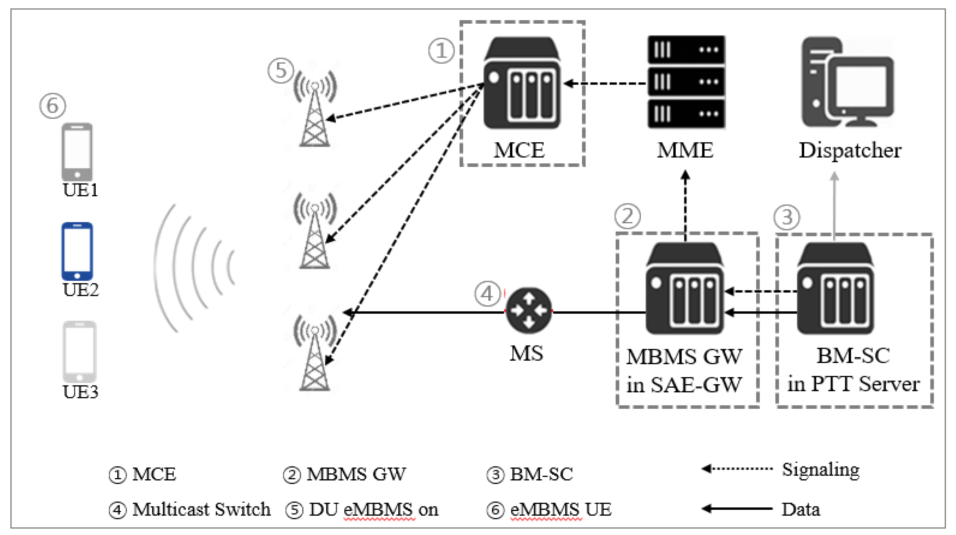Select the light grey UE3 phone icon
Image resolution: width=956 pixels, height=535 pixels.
pyautogui.click(x=79, y=351)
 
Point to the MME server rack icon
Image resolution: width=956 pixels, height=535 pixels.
pyautogui.click(x=686, y=82)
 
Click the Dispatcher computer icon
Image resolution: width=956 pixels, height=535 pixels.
pyautogui.click(x=848, y=82)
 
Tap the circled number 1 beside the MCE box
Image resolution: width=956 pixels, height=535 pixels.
pyautogui.click(x=441, y=51)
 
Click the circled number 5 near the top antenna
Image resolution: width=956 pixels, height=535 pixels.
pyautogui.click(x=281, y=70)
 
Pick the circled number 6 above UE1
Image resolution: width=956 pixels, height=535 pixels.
pyautogui.click(x=53, y=106)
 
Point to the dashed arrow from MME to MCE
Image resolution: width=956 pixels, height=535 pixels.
pyautogui.click(x=605, y=84)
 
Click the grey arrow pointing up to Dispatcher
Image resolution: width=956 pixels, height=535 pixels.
pyautogui.click(x=834, y=204)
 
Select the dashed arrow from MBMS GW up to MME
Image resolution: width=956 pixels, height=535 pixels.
pyautogui.click(x=685, y=204)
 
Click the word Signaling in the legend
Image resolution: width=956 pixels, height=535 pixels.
pyautogui.click(x=821, y=470)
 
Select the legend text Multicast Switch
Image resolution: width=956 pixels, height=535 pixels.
pyautogui.click(x=202, y=509)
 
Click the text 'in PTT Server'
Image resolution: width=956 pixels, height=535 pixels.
pyautogui.click(x=853, y=384)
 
